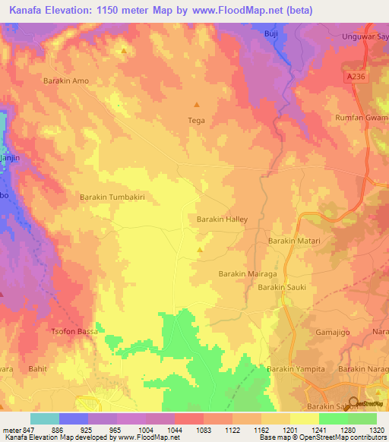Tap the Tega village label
[x=196, y=120]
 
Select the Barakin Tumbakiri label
[x=112, y=197]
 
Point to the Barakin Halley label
[x=223, y=219]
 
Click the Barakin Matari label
[x=294, y=241]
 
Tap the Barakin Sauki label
[x=281, y=288]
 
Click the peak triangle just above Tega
[x=197, y=105]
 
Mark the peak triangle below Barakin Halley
[x=200, y=250]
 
